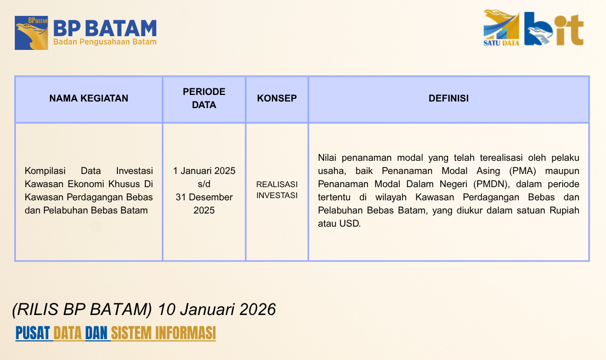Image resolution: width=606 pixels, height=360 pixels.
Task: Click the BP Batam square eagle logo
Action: (31, 33)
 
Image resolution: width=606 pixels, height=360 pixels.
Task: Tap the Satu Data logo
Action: (501, 28)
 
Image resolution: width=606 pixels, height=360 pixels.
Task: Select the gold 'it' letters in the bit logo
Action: (568, 30)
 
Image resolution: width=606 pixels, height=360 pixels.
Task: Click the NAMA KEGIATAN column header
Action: (88, 98)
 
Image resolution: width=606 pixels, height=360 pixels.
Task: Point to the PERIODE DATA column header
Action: (204, 98)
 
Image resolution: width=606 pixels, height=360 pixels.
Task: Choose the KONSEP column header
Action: (277, 98)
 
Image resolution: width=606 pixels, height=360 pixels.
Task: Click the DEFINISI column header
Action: (448, 98)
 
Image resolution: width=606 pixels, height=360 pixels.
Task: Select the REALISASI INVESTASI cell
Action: (277, 190)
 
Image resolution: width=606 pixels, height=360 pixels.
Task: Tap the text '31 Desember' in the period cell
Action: (204, 197)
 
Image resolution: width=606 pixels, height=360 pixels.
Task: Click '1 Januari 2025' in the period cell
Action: (204, 171)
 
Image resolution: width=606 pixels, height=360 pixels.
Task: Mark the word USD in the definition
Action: (350, 223)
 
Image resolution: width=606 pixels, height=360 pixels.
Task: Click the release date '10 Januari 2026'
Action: (217, 310)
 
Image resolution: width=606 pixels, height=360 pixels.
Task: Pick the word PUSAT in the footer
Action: (33, 333)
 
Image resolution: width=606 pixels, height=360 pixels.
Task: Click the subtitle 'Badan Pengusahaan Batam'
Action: (105, 42)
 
